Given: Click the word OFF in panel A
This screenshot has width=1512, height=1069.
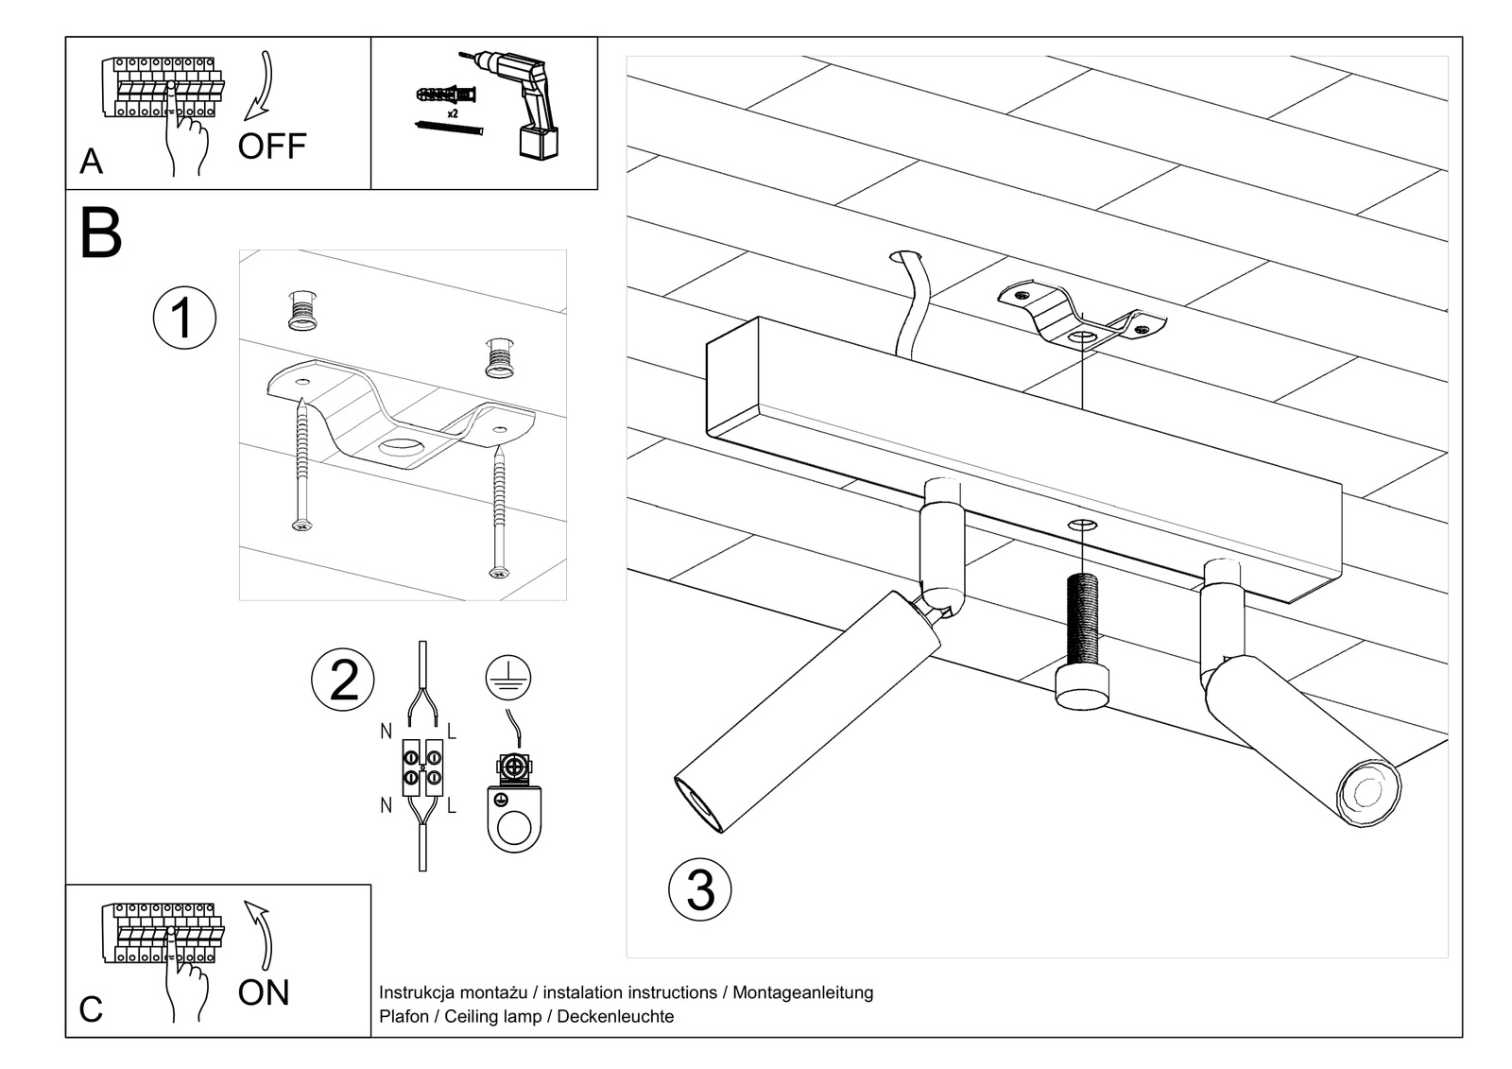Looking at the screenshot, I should point(272,147).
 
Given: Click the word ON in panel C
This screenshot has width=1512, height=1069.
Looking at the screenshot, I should point(264,992).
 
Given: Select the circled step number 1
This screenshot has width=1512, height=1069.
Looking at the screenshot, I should point(184,318).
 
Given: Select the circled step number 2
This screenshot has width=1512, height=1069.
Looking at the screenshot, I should point(343,680).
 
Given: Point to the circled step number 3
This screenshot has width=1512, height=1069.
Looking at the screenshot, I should point(700,889).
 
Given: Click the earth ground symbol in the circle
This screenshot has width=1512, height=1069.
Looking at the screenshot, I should point(508,679).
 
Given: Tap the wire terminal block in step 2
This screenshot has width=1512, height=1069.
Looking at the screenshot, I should point(421,766).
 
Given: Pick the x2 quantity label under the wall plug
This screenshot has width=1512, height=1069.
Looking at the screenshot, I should point(453,113).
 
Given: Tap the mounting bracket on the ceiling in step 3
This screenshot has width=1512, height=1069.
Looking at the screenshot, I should point(1080,317).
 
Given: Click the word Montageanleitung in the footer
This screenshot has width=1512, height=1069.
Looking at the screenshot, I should point(803,992).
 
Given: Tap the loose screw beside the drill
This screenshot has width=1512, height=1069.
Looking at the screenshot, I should point(448,126).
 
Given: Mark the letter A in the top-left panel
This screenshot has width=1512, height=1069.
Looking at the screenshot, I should point(91,162).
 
